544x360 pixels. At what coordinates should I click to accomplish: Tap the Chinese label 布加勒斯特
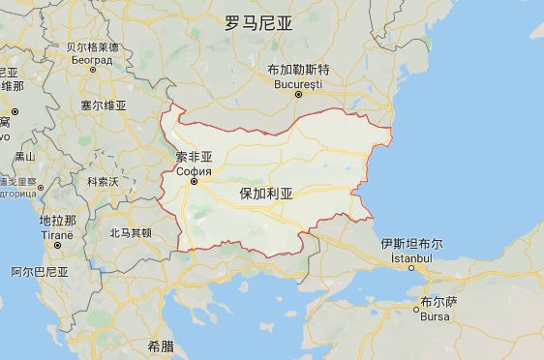click(298, 70)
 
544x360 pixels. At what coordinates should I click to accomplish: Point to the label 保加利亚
click(266, 194)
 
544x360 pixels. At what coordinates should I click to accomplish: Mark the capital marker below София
click(194, 181)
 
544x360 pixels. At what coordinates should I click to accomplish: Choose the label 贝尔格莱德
click(92, 47)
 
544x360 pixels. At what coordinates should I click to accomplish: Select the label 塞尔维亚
click(103, 105)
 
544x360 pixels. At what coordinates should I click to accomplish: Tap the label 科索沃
click(102, 181)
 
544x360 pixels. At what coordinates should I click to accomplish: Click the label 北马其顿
click(130, 232)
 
